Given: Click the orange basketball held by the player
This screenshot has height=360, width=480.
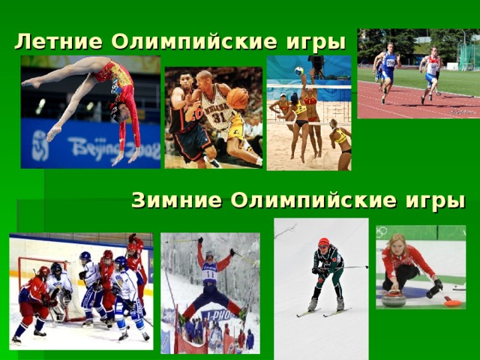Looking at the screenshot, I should coord(237,98).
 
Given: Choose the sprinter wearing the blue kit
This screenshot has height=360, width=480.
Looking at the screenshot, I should coord(388,71).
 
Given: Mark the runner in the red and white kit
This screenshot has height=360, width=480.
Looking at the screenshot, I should coord(431,71).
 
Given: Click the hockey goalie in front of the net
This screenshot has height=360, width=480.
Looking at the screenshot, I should coord(57,289).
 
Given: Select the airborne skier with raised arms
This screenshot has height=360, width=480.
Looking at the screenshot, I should coord(211,277).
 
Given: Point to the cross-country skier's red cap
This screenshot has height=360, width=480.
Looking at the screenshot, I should coord(324,242).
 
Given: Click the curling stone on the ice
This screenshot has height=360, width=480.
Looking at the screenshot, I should coord(394,298).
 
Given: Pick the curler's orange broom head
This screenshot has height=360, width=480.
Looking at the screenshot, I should coord(452,302).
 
